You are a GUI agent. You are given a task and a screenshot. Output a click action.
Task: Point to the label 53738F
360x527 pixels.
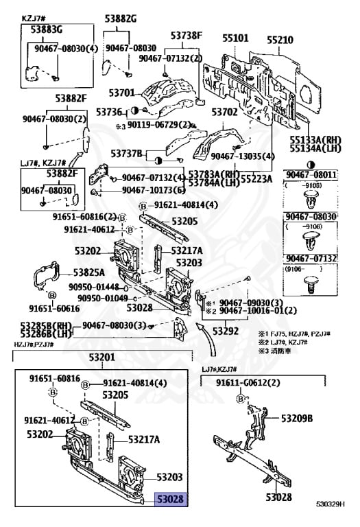pos(187,36)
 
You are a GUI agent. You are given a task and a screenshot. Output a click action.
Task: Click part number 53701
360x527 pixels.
pos(121,92)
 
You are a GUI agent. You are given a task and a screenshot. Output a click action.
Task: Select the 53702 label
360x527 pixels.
pos(224,112)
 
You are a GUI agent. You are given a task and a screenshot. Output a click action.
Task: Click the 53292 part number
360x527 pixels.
pos(225,330)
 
